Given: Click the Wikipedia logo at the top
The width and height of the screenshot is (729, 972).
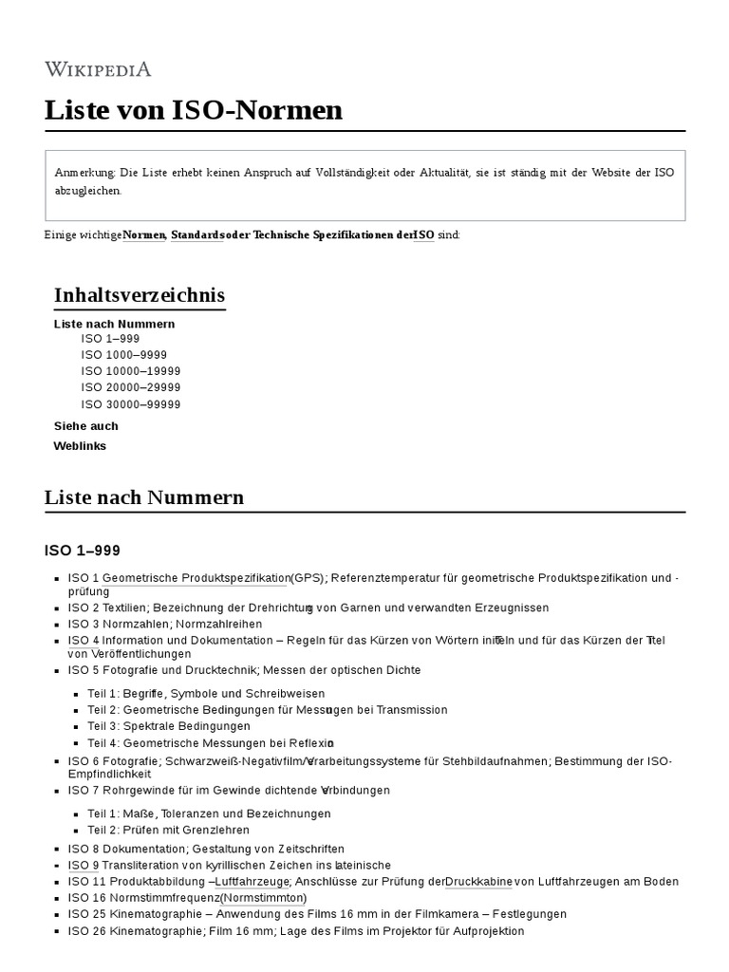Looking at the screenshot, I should (x=98, y=68).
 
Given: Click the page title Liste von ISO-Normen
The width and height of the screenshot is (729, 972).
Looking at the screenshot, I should (x=193, y=110).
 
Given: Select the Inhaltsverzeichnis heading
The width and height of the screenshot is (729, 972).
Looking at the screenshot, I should (x=140, y=295).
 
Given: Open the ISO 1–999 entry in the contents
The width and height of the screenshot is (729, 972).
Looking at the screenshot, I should (x=110, y=339).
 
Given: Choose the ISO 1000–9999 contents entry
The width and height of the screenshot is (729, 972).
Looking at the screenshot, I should (x=123, y=355).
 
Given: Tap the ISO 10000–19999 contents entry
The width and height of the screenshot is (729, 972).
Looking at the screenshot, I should (x=130, y=371).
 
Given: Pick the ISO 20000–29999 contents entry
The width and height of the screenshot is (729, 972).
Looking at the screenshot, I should (x=130, y=387).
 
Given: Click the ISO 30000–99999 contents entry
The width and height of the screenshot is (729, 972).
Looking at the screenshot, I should (x=130, y=404).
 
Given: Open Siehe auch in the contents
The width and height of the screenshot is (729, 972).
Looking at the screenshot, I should (x=86, y=426).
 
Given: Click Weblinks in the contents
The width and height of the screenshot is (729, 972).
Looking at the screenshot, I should (x=80, y=446).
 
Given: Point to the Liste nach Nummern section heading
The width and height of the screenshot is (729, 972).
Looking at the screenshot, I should (x=144, y=497).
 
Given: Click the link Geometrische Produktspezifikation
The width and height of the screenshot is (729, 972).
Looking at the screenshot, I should (x=196, y=578).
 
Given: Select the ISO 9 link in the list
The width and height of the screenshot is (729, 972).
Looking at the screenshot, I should (x=84, y=866).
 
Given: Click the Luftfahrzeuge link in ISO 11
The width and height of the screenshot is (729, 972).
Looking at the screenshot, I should (x=252, y=882).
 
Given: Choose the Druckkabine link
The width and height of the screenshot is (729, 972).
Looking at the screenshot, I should (x=478, y=882).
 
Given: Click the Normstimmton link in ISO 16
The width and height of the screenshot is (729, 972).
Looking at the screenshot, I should (x=263, y=898).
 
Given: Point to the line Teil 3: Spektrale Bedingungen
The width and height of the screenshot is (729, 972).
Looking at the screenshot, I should (x=169, y=726).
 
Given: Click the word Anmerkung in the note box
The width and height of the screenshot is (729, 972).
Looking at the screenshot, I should (x=85, y=172).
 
